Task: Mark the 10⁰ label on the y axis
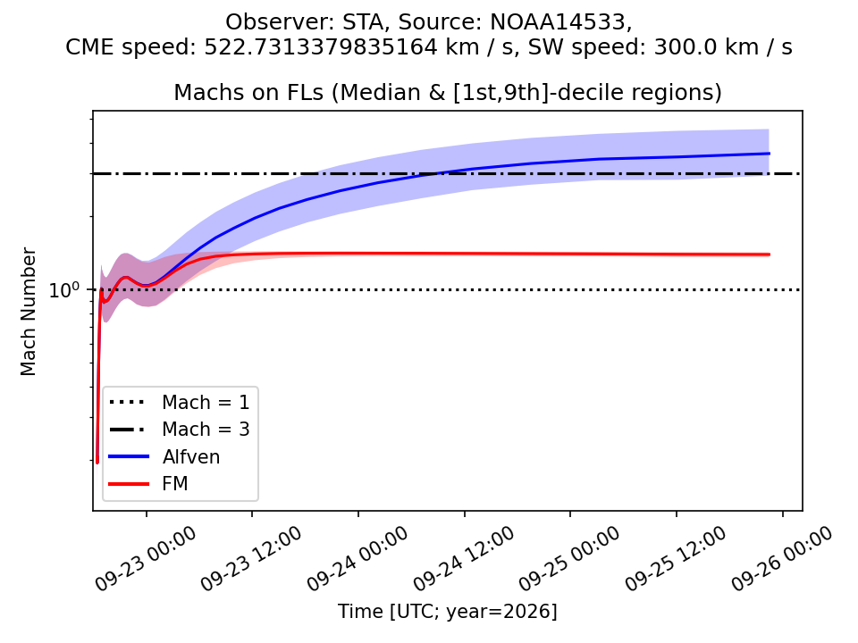(64, 289)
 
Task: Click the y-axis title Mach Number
(28, 312)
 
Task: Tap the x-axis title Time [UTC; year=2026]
(448, 611)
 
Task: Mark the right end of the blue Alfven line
(770, 154)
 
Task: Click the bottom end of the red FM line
(97, 462)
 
